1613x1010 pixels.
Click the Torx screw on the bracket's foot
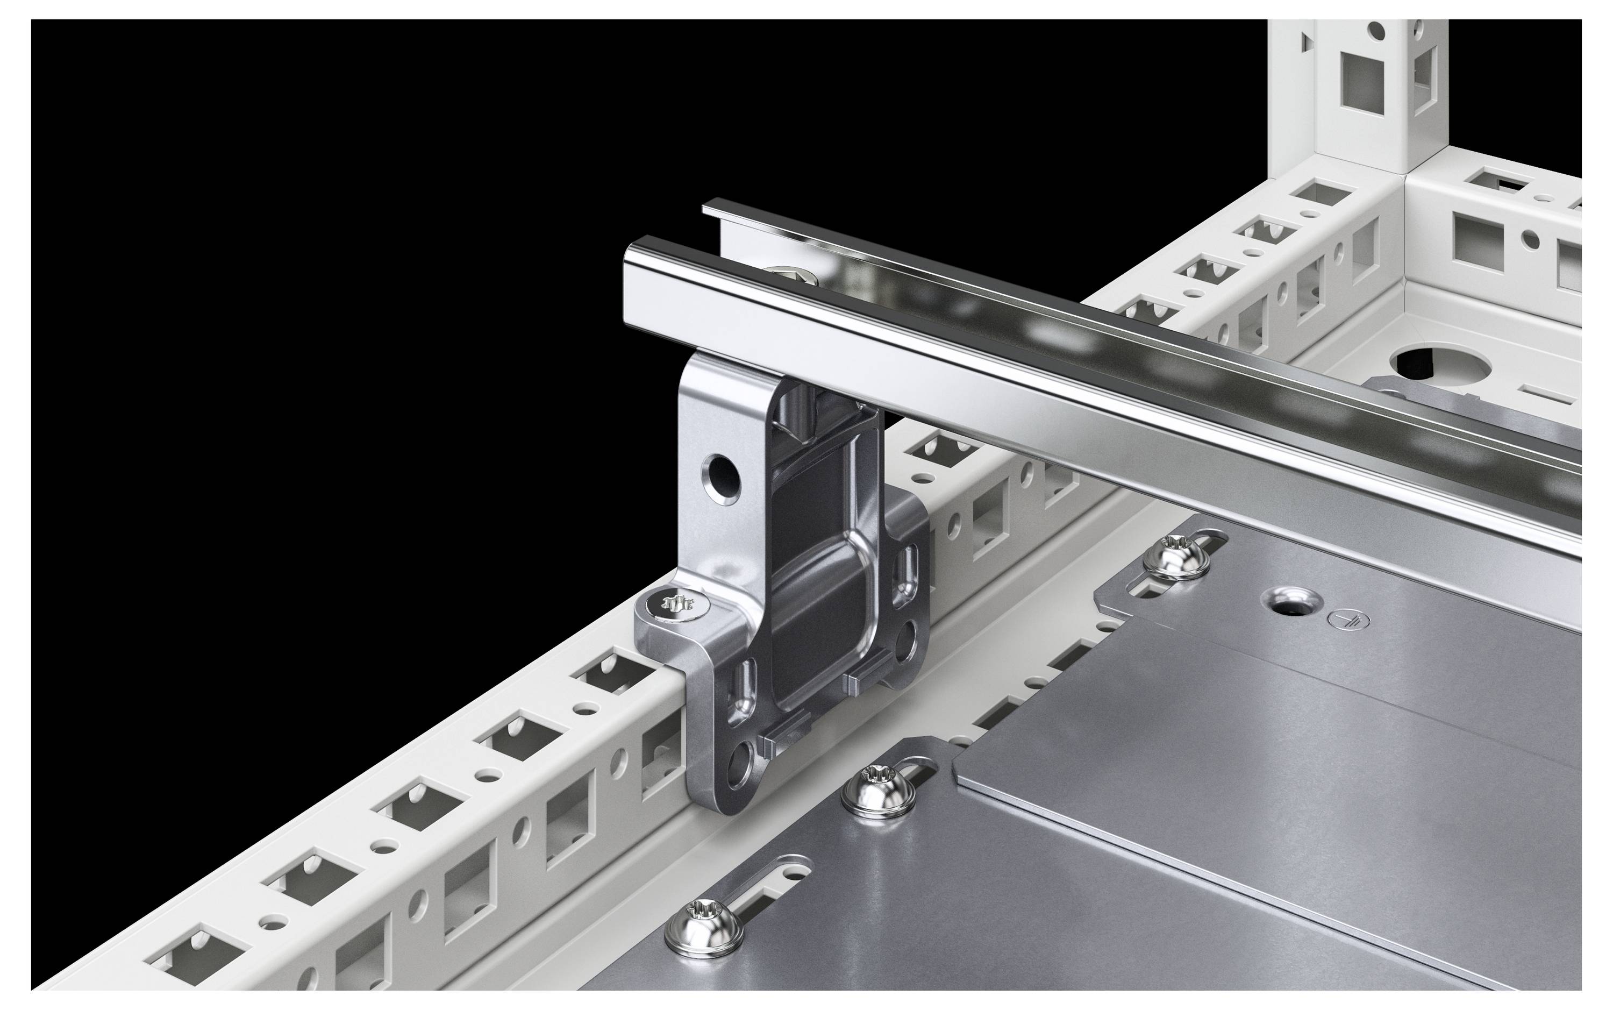tap(676, 604)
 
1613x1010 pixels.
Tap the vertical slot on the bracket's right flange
tap(909, 565)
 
